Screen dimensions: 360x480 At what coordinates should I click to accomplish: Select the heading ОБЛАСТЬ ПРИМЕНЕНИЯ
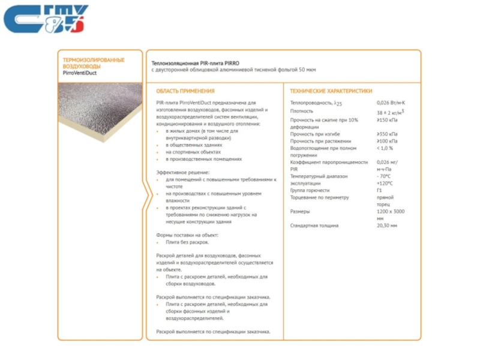point(185,91)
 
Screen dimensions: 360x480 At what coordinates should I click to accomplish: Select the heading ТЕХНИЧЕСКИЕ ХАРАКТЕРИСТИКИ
point(331,91)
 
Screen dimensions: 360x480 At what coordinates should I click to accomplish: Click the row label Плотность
point(301,112)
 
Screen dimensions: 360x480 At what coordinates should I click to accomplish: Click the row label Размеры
point(300,211)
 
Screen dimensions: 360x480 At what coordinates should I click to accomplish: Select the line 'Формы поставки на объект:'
point(187,235)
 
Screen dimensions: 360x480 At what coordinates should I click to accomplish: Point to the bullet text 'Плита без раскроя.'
point(187,242)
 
